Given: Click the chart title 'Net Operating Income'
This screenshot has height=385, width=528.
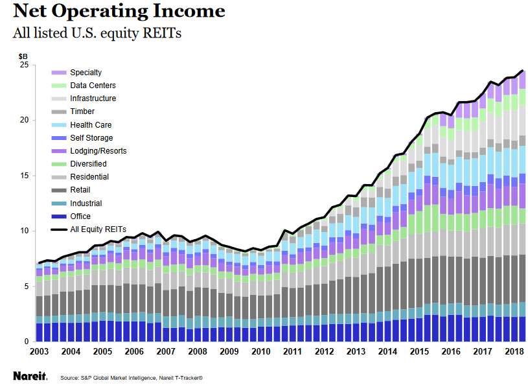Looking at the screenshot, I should (x=119, y=11).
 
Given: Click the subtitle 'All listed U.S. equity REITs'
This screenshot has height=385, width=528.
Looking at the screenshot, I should (x=97, y=33).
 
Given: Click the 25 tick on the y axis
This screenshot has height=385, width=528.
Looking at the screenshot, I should (x=23, y=65).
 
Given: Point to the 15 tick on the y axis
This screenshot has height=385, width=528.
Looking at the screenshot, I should (x=23, y=176).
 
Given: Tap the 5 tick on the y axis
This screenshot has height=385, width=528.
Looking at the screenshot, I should (x=26, y=286).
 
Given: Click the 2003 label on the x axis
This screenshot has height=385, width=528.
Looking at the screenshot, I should (x=40, y=351).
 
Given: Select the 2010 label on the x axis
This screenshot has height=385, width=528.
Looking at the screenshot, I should (x=261, y=351).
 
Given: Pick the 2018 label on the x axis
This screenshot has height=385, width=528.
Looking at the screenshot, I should (x=514, y=351).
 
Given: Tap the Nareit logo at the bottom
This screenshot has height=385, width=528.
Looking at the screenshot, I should (x=29, y=375).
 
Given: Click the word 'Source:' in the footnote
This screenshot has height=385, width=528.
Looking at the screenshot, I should (x=69, y=377).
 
